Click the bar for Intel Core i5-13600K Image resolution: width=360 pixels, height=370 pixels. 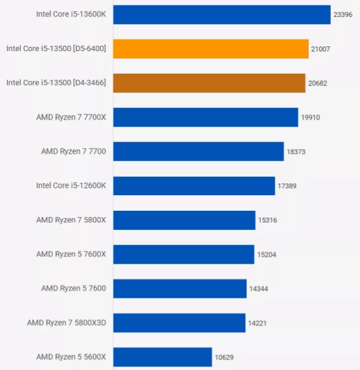pyautogui.click(x=222, y=15)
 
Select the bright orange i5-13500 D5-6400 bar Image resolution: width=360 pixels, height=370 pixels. pyautogui.click(x=211, y=49)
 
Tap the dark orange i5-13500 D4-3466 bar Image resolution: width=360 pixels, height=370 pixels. pyautogui.click(x=209, y=83)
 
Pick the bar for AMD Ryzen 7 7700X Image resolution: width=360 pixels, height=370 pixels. pyautogui.click(x=205, y=117)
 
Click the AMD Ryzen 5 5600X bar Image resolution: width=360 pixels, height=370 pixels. pyautogui.click(x=162, y=357)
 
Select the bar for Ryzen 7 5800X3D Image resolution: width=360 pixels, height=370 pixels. pyautogui.click(x=179, y=323)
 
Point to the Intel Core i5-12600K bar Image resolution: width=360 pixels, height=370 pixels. pyautogui.click(x=194, y=186)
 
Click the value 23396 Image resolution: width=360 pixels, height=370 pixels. pyautogui.click(x=343, y=15)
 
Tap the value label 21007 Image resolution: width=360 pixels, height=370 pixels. pyautogui.click(x=320, y=49)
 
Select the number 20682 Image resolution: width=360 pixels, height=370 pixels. pyautogui.click(x=318, y=84)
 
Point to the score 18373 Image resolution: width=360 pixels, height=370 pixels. pyautogui.click(x=296, y=152)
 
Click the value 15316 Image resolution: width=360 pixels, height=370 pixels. pyautogui.click(x=268, y=220)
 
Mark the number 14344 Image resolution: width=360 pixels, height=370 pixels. pyautogui.click(x=259, y=289)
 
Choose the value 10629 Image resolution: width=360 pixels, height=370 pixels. pyautogui.click(x=224, y=357)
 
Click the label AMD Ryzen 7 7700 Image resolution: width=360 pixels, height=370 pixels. pyautogui.click(x=73, y=151)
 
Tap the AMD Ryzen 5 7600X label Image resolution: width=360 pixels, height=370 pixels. pyautogui.click(x=71, y=254)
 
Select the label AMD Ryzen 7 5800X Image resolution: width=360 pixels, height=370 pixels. pyautogui.click(x=71, y=220)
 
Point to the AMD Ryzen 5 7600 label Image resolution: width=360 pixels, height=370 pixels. pyautogui.click(x=73, y=288)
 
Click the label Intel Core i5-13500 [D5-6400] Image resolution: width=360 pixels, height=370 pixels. pyautogui.click(x=56, y=49)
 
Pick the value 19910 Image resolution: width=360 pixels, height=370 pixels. pyautogui.click(x=311, y=117)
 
